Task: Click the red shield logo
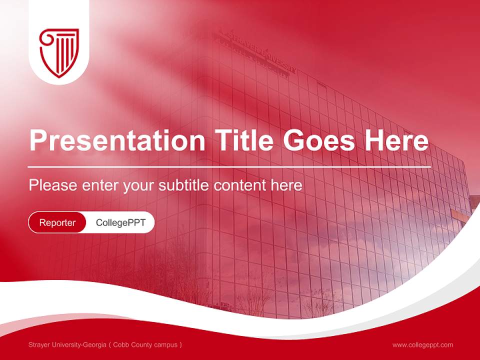(x=59, y=52)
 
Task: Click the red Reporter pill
(x=57, y=222)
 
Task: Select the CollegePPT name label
(x=120, y=222)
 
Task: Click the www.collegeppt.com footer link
(x=422, y=344)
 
